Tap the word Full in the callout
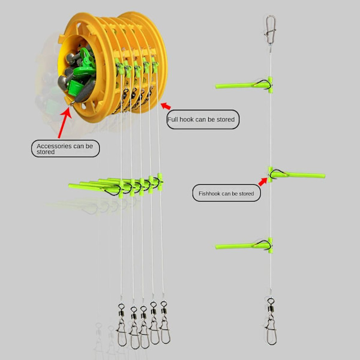173,119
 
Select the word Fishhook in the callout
209,194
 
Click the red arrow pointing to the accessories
65,122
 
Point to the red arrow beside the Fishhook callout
263,181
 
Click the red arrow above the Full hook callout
166,106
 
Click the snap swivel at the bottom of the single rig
271,322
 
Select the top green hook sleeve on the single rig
245,85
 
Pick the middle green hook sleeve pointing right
296,175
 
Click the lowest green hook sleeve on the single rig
245,246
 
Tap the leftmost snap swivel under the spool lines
122,325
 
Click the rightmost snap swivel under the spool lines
165,322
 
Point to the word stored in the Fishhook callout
247,194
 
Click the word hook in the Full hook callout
187,119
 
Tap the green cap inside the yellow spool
74,88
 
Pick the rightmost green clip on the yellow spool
155,65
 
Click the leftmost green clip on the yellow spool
119,67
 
